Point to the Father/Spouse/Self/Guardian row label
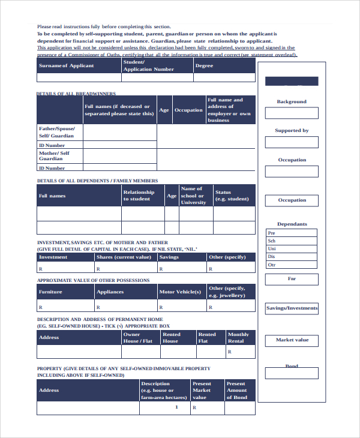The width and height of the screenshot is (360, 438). [x=59, y=132]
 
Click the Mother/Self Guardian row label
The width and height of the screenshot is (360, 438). [x=59, y=156]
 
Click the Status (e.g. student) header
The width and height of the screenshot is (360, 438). [x=233, y=196]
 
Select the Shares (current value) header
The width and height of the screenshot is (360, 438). [x=125, y=257]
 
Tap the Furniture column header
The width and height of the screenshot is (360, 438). [x=65, y=292]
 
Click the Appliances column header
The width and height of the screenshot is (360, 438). [x=125, y=292]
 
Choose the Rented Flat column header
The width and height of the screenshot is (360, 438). [x=210, y=337]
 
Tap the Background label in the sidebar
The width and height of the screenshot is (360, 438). [x=292, y=101]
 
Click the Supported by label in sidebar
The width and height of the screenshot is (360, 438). [x=292, y=130]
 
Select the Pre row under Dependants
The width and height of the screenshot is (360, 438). [x=292, y=233]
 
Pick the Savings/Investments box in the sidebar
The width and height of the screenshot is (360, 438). [x=292, y=308]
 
